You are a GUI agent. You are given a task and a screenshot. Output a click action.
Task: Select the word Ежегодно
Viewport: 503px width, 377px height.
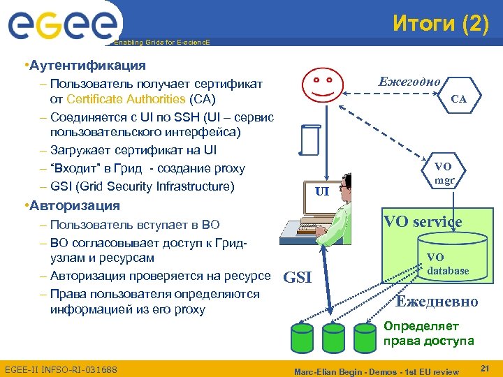point(409,82)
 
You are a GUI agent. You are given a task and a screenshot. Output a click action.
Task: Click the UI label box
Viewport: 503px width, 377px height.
point(321,191)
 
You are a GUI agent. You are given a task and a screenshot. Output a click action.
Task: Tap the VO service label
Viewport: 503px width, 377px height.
point(422,222)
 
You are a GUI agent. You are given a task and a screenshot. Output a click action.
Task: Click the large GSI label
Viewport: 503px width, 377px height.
point(298,277)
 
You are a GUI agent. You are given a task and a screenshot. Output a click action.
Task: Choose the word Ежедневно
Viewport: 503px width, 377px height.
point(437,302)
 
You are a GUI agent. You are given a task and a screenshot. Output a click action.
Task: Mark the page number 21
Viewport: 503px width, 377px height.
point(486,367)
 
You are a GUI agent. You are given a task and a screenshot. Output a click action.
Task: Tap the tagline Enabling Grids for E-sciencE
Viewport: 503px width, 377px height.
point(161,43)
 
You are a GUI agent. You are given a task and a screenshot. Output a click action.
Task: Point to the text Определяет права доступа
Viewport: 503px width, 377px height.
point(428,333)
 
